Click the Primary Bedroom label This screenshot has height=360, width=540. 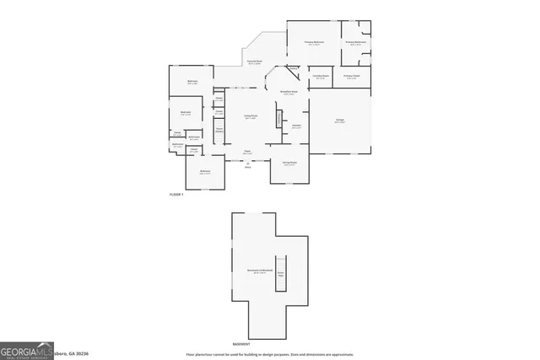click(315, 42)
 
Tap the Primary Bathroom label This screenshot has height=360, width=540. click(354, 42)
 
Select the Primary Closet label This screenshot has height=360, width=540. click(351, 77)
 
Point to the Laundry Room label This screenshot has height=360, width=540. click(320, 77)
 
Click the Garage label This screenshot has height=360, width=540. click(339, 121)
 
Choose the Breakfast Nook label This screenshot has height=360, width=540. click(289, 93)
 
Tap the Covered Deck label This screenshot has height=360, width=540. click(254, 62)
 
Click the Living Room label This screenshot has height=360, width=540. click(251, 117)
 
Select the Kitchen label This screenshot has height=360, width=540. click(296, 126)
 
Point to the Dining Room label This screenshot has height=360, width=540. click(289, 163)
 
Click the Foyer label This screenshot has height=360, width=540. click(248, 152)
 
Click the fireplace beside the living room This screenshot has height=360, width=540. click(277, 118)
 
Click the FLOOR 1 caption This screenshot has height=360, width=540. click(176, 194)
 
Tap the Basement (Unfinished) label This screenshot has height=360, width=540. click(256, 271)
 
